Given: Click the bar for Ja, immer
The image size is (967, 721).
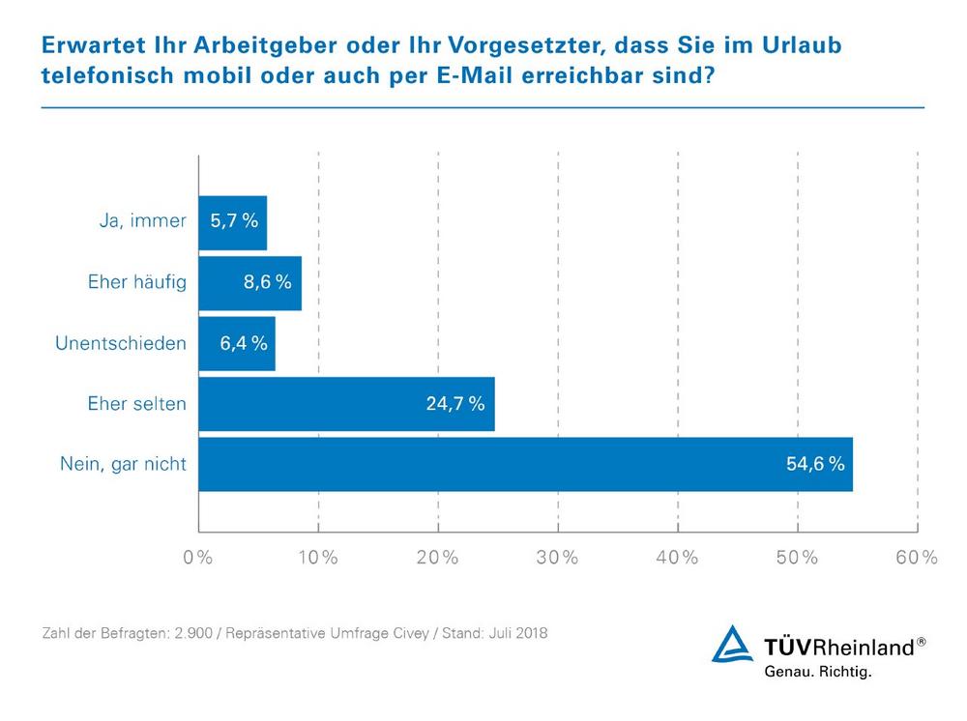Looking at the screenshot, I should [x=232, y=222].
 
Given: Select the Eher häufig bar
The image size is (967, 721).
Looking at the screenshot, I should [x=249, y=282].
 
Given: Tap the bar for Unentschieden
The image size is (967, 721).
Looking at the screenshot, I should [x=236, y=343].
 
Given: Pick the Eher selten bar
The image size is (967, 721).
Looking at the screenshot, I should [x=346, y=404].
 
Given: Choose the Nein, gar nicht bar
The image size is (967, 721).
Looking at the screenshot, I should [x=525, y=464].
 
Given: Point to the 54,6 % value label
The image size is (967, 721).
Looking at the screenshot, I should [x=815, y=464].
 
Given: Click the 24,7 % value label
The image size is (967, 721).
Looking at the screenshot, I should [x=455, y=404].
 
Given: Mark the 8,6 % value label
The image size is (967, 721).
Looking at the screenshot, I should [x=269, y=283].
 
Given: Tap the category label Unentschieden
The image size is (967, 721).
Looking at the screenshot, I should [x=122, y=343].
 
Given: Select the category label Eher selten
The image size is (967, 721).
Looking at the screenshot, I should [x=135, y=404].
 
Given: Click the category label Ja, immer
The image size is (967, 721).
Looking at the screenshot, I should [x=143, y=222].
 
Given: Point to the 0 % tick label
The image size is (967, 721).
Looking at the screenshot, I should [x=198, y=559].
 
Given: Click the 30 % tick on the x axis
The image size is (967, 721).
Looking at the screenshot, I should [x=557, y=559].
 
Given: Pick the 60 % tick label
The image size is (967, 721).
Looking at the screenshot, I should [x=916, y=559].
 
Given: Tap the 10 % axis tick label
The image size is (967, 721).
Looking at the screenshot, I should [x=317, y=559].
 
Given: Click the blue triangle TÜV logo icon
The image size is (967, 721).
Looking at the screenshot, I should [x=732, y=645].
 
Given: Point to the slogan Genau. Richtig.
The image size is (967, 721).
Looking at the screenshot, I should [x=817, y=671].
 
